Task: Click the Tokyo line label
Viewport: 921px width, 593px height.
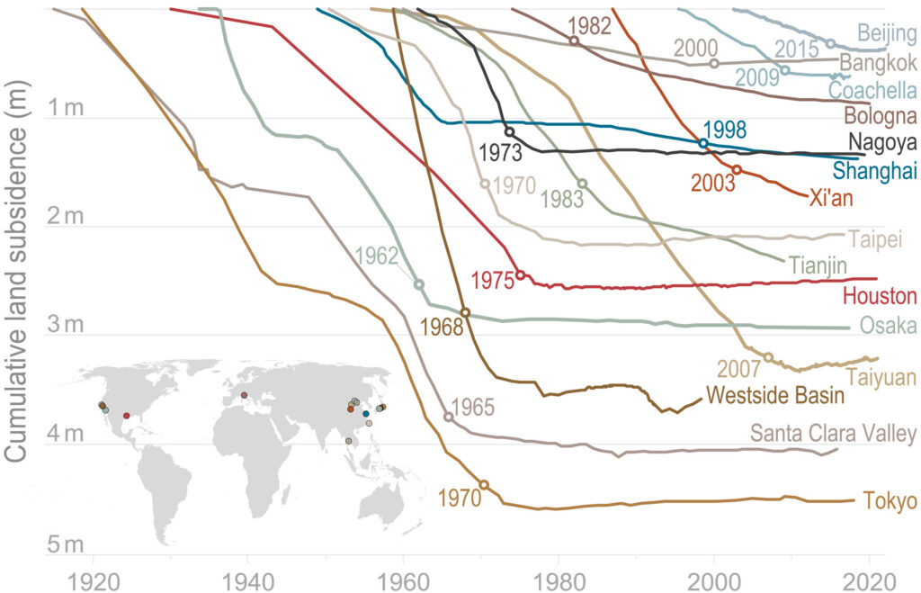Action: (889, 501)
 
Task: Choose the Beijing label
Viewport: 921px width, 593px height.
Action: (887, 34)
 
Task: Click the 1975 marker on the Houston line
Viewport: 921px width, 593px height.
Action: (520, 274)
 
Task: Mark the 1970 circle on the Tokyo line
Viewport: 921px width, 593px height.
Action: (484, 484)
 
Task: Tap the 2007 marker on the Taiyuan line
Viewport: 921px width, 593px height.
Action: (768, 357)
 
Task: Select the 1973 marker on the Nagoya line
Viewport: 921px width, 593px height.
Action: (509, 132)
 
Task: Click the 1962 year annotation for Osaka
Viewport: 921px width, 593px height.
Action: (377, 255)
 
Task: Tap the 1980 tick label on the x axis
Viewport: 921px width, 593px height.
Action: (559, 578)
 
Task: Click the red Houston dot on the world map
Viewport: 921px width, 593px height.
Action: (126, 416)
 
